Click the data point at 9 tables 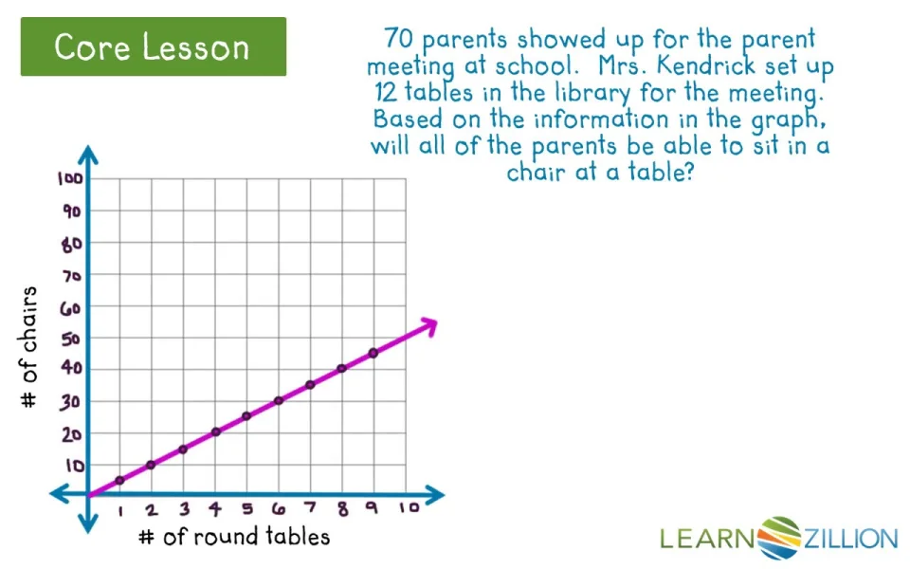click(x=373, y=353)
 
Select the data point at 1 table click(x=119, y=480)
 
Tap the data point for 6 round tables click(x=279, y=400)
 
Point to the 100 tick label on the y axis click(x=70, y=178)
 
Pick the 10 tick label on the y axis click(x=75, y=466)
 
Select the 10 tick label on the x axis click(x=409, y=507)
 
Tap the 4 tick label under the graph click(x=215, y=509)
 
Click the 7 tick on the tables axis click(x=311, y=507)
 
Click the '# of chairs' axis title click(x=28, y=347)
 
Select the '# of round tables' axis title click(x=234, y=537)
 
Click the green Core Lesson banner click(x=154, y=46)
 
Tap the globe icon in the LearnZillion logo click(x=779, y=538)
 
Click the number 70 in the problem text click(x=398, y=38)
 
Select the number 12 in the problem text click(x=386, y=92)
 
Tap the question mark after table click(x=689, y=172)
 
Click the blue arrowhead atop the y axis click(x=88, y=155)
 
